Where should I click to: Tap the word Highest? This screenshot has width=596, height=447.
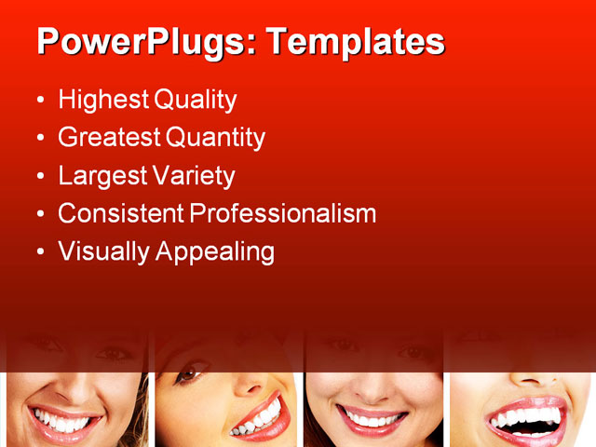click(102, 100)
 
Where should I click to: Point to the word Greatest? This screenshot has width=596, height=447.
click(108, 138)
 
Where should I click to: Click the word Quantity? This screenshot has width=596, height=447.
click(216, 138)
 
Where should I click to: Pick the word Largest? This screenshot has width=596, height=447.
click(98, 175)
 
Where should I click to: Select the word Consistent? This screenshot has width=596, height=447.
click(120, 213)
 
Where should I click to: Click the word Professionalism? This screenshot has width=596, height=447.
click(283, 213)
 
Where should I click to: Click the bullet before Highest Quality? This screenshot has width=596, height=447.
click(39, 101)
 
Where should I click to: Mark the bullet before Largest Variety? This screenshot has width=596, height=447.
click(39, 176)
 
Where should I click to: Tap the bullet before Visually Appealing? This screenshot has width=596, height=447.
click(39, 251)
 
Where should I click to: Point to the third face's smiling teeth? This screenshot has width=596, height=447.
click(372, 420)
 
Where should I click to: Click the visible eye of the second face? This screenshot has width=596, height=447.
click(187, 374)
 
